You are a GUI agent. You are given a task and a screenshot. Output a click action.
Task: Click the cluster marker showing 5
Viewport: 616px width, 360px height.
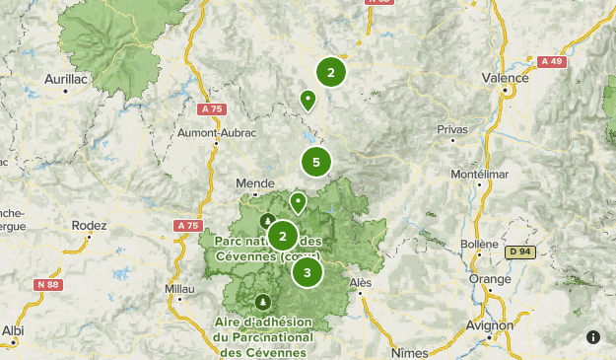(x=315, y=162)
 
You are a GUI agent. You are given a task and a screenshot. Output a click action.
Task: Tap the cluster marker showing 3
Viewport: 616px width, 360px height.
(x=308, y=272)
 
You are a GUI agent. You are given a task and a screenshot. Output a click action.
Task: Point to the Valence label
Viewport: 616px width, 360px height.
(x=506, y=77)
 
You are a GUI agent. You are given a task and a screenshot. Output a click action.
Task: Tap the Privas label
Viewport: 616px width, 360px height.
(x=452, y=129)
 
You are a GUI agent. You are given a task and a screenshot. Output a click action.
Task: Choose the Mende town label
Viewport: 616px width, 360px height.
(x=254, y=182)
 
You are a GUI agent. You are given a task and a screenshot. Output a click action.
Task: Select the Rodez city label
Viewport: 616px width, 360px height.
(x=89, y=225)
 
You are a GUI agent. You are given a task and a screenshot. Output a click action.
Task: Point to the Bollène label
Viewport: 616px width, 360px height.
(x=480, y=243)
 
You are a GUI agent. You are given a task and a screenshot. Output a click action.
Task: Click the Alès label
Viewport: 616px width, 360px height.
(x=362, y=282)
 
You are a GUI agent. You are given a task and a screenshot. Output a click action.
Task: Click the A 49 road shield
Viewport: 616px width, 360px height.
(x=552, y=61)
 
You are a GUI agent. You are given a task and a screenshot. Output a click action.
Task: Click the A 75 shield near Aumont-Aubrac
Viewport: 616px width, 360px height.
(x=211, y=108)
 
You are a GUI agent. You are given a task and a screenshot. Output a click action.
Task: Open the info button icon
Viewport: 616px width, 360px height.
(x=593, y=337)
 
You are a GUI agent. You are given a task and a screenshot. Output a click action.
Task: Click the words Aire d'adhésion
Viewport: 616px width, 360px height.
(x=263, y=323)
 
